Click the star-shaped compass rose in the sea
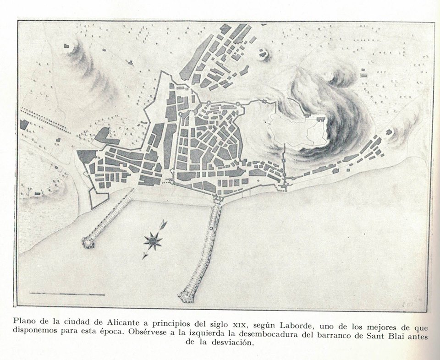pyautogui.click(x=153, y=240)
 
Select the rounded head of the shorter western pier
pyautogui.click(x=88, y=242)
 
